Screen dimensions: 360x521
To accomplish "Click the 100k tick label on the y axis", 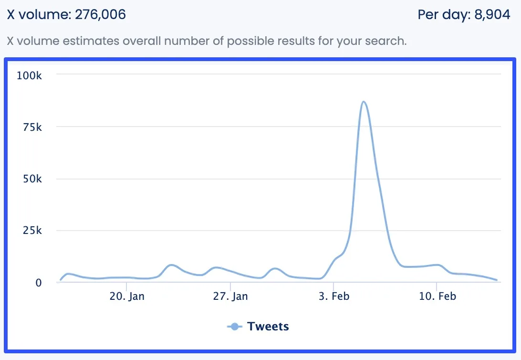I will [x=29, y=75].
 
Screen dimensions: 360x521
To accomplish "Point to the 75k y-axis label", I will [x=31, y=127].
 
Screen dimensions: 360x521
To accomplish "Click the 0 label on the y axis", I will [x=39, y=283].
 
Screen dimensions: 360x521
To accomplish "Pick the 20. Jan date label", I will [x=127, y=296].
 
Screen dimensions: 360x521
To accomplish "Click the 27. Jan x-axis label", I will [x=230, y=296].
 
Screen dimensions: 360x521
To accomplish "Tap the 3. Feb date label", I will [x=334, y=296].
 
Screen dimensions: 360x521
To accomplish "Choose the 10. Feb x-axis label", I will [x=437, y=296].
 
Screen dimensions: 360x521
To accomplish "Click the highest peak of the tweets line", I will [x=364, y=102].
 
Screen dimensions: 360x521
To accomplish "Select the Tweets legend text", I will [x=268, y=327].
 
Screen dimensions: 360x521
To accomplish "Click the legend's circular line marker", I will [x=234, y=327].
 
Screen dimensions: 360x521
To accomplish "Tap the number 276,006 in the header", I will [x=100, y=15].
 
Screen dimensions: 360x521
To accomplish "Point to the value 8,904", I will [x=492, y=15].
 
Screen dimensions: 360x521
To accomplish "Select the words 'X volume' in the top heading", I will [x=38, y=15].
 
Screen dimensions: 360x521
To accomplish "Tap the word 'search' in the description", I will [x=387, y=41].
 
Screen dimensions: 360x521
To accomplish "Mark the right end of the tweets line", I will [x=497, y=280].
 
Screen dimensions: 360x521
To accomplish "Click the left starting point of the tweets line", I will [x=61, y=280].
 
